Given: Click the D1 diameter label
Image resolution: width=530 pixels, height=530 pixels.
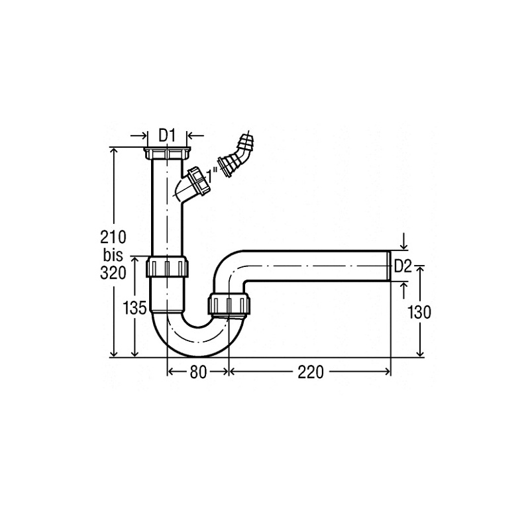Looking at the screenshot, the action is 168,136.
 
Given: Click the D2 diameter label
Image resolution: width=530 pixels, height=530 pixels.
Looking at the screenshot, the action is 403,267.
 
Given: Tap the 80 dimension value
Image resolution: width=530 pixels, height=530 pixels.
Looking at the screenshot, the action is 198,372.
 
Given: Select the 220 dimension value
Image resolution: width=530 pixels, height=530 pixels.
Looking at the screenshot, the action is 311,372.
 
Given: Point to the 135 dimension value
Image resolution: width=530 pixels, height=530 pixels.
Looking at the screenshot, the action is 134,308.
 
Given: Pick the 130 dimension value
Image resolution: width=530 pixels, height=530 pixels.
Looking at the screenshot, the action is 419,312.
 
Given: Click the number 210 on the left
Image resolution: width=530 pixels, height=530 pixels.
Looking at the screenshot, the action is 113,237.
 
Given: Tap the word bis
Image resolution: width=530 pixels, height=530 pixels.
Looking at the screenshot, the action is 113,255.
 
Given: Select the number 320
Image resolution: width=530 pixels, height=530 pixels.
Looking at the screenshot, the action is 113,273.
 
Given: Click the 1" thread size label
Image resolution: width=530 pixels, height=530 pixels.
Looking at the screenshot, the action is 212,176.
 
